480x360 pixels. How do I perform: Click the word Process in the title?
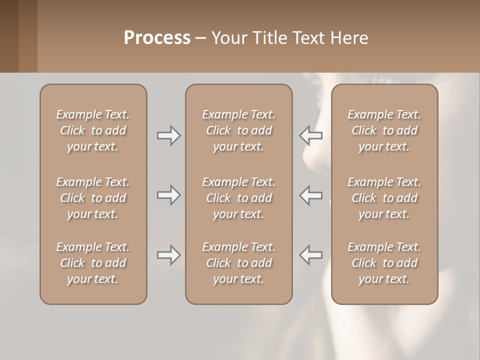coord(157,38)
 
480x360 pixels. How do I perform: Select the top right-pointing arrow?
coord(169,135)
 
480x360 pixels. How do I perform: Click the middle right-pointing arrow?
coord(169,195)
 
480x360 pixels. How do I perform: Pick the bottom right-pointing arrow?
coord(169,255)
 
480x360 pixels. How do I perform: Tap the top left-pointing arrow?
coord(311,135)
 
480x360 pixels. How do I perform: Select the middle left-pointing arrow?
coord(311,195)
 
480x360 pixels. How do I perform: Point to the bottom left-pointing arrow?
coord(311,255)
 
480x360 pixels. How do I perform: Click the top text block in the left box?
coord(93,130)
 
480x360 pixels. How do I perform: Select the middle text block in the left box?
coord(93,198)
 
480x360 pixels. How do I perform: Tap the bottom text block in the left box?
coord(93,263)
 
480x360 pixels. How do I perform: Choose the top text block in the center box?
coord(238,130)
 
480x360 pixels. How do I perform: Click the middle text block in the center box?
coord(238,198)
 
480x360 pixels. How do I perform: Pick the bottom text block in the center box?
coord(238,263)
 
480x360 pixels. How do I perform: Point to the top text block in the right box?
coord(384,130)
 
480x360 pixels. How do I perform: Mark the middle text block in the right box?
coord(384,198)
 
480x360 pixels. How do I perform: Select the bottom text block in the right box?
coord(384,263)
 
